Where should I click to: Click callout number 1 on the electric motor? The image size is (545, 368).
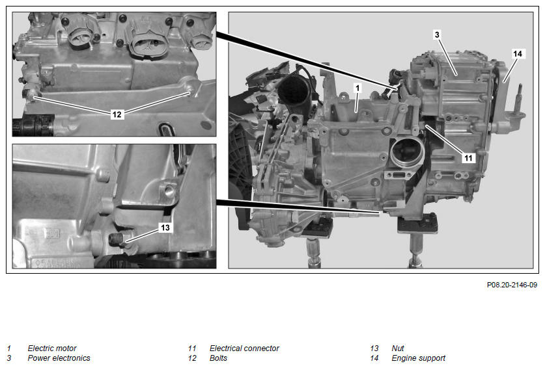tap(357, 88)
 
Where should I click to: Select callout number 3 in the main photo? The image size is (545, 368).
tap(437, 34)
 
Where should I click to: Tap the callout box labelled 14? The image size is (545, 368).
tap(518, 54)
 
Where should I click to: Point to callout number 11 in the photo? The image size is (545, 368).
tap(469, 158)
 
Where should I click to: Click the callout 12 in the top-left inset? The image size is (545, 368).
tap(117, 114)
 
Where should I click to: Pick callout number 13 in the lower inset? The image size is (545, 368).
tap(165, 228)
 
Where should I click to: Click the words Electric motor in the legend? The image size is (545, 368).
tap(52, 348)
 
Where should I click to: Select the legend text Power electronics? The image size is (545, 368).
tap(59, 358)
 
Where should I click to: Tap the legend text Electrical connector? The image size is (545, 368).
tap(244, 348)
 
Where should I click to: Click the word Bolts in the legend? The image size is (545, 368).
tap(218, 358)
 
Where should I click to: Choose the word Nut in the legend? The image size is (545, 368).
tap(398, 348)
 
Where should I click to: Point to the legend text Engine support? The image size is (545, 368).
tap(419, 358)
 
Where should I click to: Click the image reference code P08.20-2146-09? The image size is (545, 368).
tap(512, 285)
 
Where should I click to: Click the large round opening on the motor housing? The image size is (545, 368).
tap(407, 152)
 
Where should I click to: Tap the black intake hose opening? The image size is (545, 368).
tap(294, 90)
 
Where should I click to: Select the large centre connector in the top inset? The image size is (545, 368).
tap(148, 44)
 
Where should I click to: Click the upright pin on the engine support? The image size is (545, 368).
tap(519, 99)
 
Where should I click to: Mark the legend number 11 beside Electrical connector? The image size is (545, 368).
tap(192, 348)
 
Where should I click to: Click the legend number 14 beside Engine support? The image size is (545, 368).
tap(374, 358)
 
